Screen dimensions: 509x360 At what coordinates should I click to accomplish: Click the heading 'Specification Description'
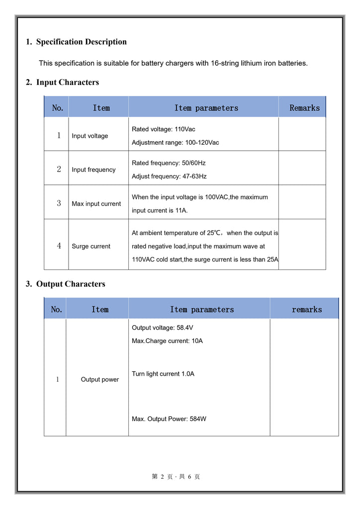(81, 42)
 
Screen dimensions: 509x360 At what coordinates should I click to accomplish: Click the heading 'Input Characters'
(67, 82)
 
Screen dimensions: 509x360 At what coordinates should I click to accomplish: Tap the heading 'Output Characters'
(71, 284)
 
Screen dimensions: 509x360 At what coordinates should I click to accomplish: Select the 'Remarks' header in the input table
(304, 108)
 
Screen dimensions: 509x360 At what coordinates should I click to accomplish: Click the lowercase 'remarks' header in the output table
(306, 309)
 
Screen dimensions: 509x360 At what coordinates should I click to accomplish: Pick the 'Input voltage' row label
(90, 136)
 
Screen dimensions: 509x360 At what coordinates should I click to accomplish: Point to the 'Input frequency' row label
(93, 170)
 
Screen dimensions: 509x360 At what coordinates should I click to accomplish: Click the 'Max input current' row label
(96, 204)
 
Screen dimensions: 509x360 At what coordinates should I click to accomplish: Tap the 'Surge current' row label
(91, 246)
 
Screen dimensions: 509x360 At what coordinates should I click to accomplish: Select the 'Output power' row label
(100, 379)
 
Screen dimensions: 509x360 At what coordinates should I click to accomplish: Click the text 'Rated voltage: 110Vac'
(163, 129)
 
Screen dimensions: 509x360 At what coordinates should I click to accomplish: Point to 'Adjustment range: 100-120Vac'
(175, 143)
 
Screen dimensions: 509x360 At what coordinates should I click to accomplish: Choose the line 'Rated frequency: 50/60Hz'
(169, 163)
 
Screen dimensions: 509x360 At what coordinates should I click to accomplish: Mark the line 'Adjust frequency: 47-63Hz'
(169, 176)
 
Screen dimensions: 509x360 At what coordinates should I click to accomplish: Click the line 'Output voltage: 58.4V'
(162, 328)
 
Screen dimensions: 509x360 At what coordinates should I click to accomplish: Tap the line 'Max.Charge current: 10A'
(167, 341)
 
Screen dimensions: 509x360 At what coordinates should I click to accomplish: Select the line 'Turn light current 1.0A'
(163, 374)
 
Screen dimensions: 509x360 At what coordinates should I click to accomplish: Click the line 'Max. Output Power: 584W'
(169, 419)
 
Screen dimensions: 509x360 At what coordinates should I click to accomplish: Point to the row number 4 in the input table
(59, 246)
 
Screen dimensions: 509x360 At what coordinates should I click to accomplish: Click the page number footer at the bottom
(176, 477)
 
